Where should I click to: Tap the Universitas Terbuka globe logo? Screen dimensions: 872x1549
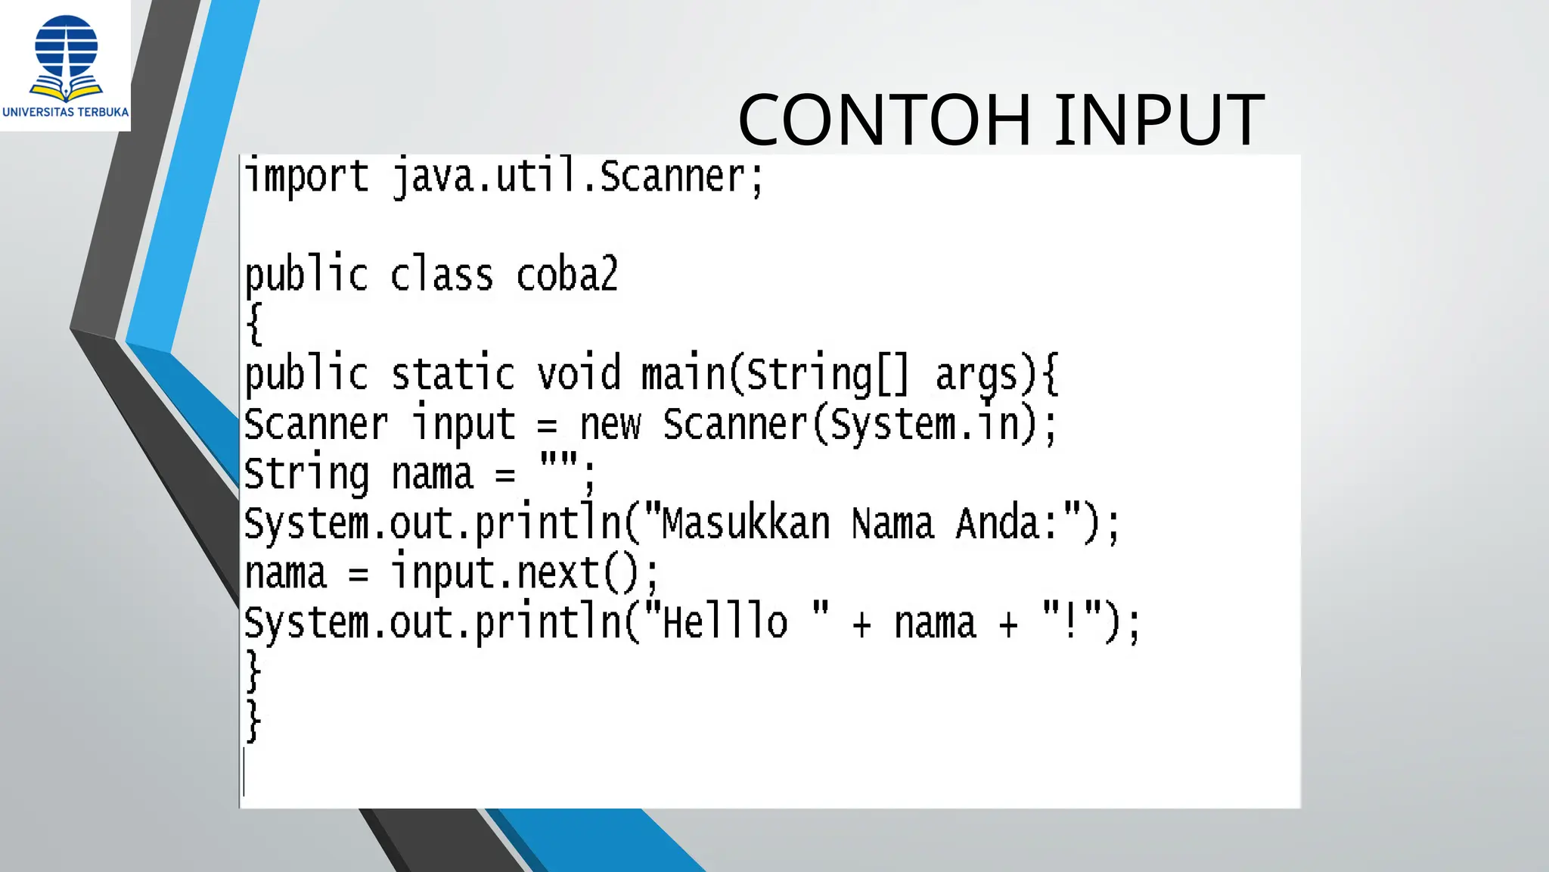point(67,58)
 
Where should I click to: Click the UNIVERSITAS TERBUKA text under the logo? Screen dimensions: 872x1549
point(66,112)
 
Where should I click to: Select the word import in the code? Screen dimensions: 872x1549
point(306,177)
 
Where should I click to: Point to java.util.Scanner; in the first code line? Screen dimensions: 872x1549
point(578,177)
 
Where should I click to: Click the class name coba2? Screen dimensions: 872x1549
point(567,275)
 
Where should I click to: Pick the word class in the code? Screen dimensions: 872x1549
point(442,275)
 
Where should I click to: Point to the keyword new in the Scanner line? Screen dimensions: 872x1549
point(610,425)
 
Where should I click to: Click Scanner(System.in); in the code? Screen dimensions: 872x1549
point(859,425)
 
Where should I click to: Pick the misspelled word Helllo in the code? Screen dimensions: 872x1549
point(725,623)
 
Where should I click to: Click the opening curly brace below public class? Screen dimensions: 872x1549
point(255,324)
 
